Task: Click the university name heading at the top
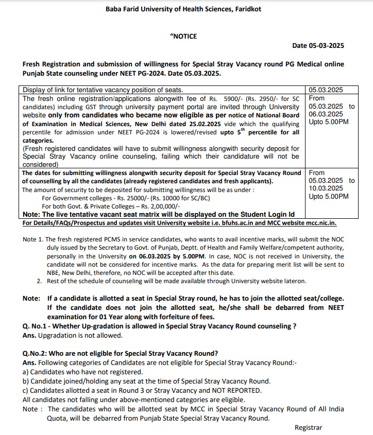coord(186,9)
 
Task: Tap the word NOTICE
coord(184,36)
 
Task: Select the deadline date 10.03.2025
coord(326,188)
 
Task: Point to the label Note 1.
coord(33,240)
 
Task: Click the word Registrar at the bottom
coord(308,427)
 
